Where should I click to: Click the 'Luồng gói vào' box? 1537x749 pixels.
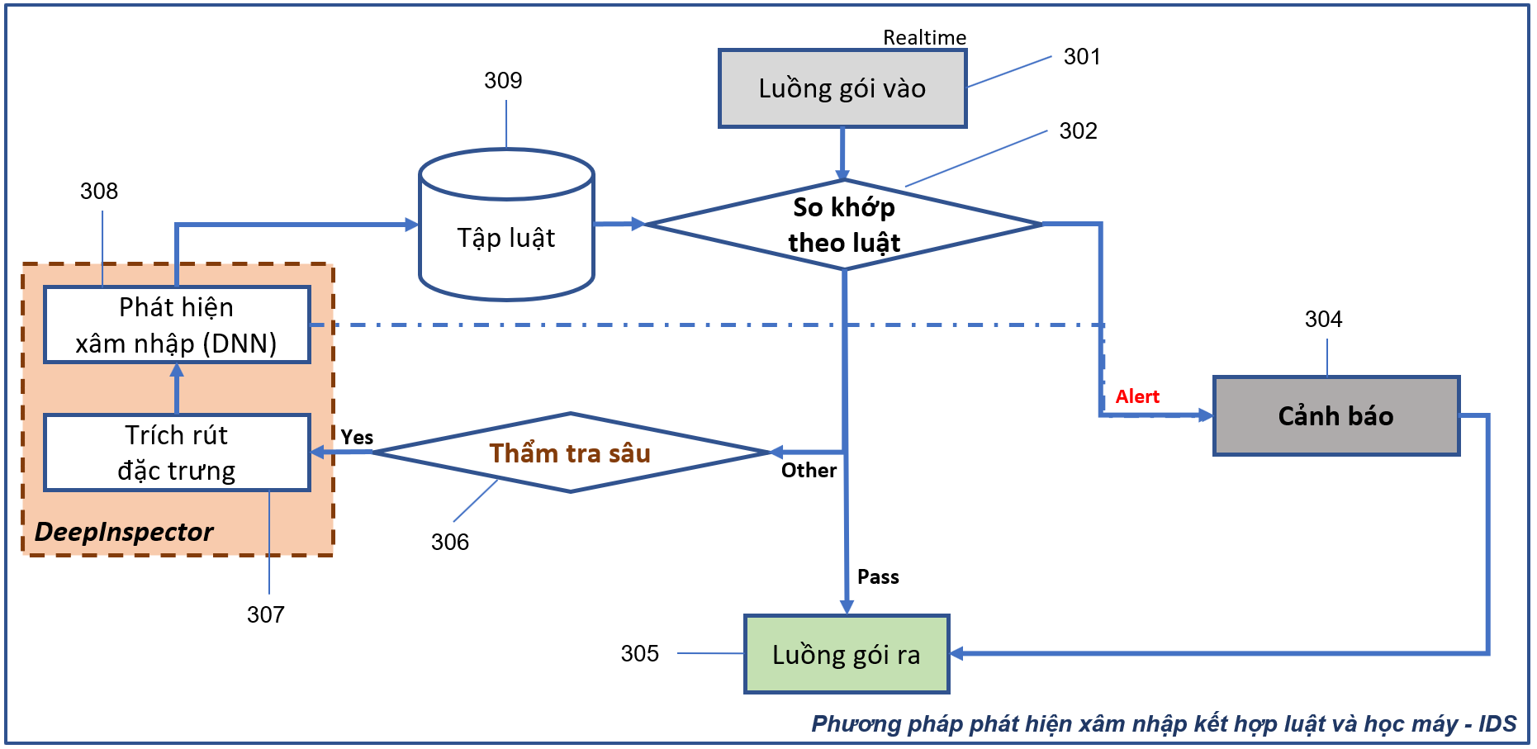(842, 88)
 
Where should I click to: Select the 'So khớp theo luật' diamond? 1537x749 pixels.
(843, 225)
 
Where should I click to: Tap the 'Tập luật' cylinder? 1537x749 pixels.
(506, 237)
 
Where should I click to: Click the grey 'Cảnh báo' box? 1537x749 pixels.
(1335, 415)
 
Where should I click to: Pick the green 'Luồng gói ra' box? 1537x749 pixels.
(846, 654)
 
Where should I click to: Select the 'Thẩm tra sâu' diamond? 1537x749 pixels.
(570, 453)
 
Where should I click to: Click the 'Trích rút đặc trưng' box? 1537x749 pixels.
(177, 453)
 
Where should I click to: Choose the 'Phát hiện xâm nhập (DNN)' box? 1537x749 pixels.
(177, 325)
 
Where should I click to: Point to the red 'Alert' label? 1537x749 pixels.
(1137, 396)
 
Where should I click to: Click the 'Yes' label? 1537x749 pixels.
(357, 437)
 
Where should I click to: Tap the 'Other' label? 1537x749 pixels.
(809, 470)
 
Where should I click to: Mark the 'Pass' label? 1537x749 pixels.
(878, 576)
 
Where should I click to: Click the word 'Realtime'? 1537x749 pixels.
(924, 37)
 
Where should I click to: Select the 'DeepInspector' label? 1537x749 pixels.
(124, 531)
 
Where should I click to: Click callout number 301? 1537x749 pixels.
(1082, 56)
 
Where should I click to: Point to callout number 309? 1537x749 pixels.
(503, 80)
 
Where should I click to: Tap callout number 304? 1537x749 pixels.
(1323, 319)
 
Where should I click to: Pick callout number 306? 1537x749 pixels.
(450, 542)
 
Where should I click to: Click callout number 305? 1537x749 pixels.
(640, 653)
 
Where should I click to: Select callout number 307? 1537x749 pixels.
(266, 614)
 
